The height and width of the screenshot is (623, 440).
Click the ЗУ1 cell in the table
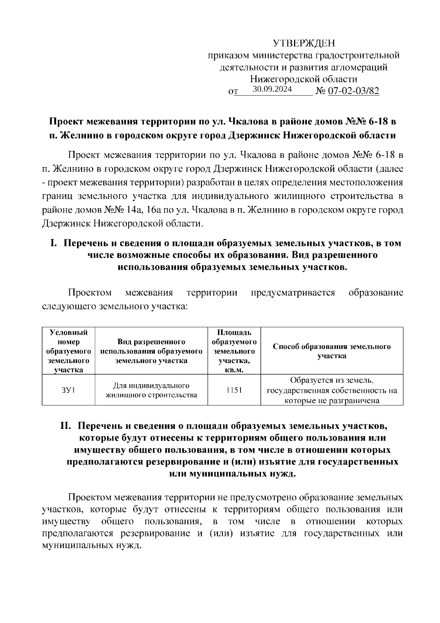(x=68, y=390)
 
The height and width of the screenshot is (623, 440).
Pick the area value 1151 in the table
(x=234, y=390)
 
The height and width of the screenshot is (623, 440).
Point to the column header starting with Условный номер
(x=68, y=351)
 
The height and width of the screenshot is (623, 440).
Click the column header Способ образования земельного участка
(x=332, y=351)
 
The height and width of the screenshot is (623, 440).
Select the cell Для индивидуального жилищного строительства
(x=151, y=390)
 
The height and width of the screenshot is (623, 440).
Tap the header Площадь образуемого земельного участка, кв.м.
(x=234, y=351)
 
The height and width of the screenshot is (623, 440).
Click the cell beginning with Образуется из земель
(x=332, y=390)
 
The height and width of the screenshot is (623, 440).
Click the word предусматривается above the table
(x=293, y=293)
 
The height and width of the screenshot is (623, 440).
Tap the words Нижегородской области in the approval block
(x=304, y=79)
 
